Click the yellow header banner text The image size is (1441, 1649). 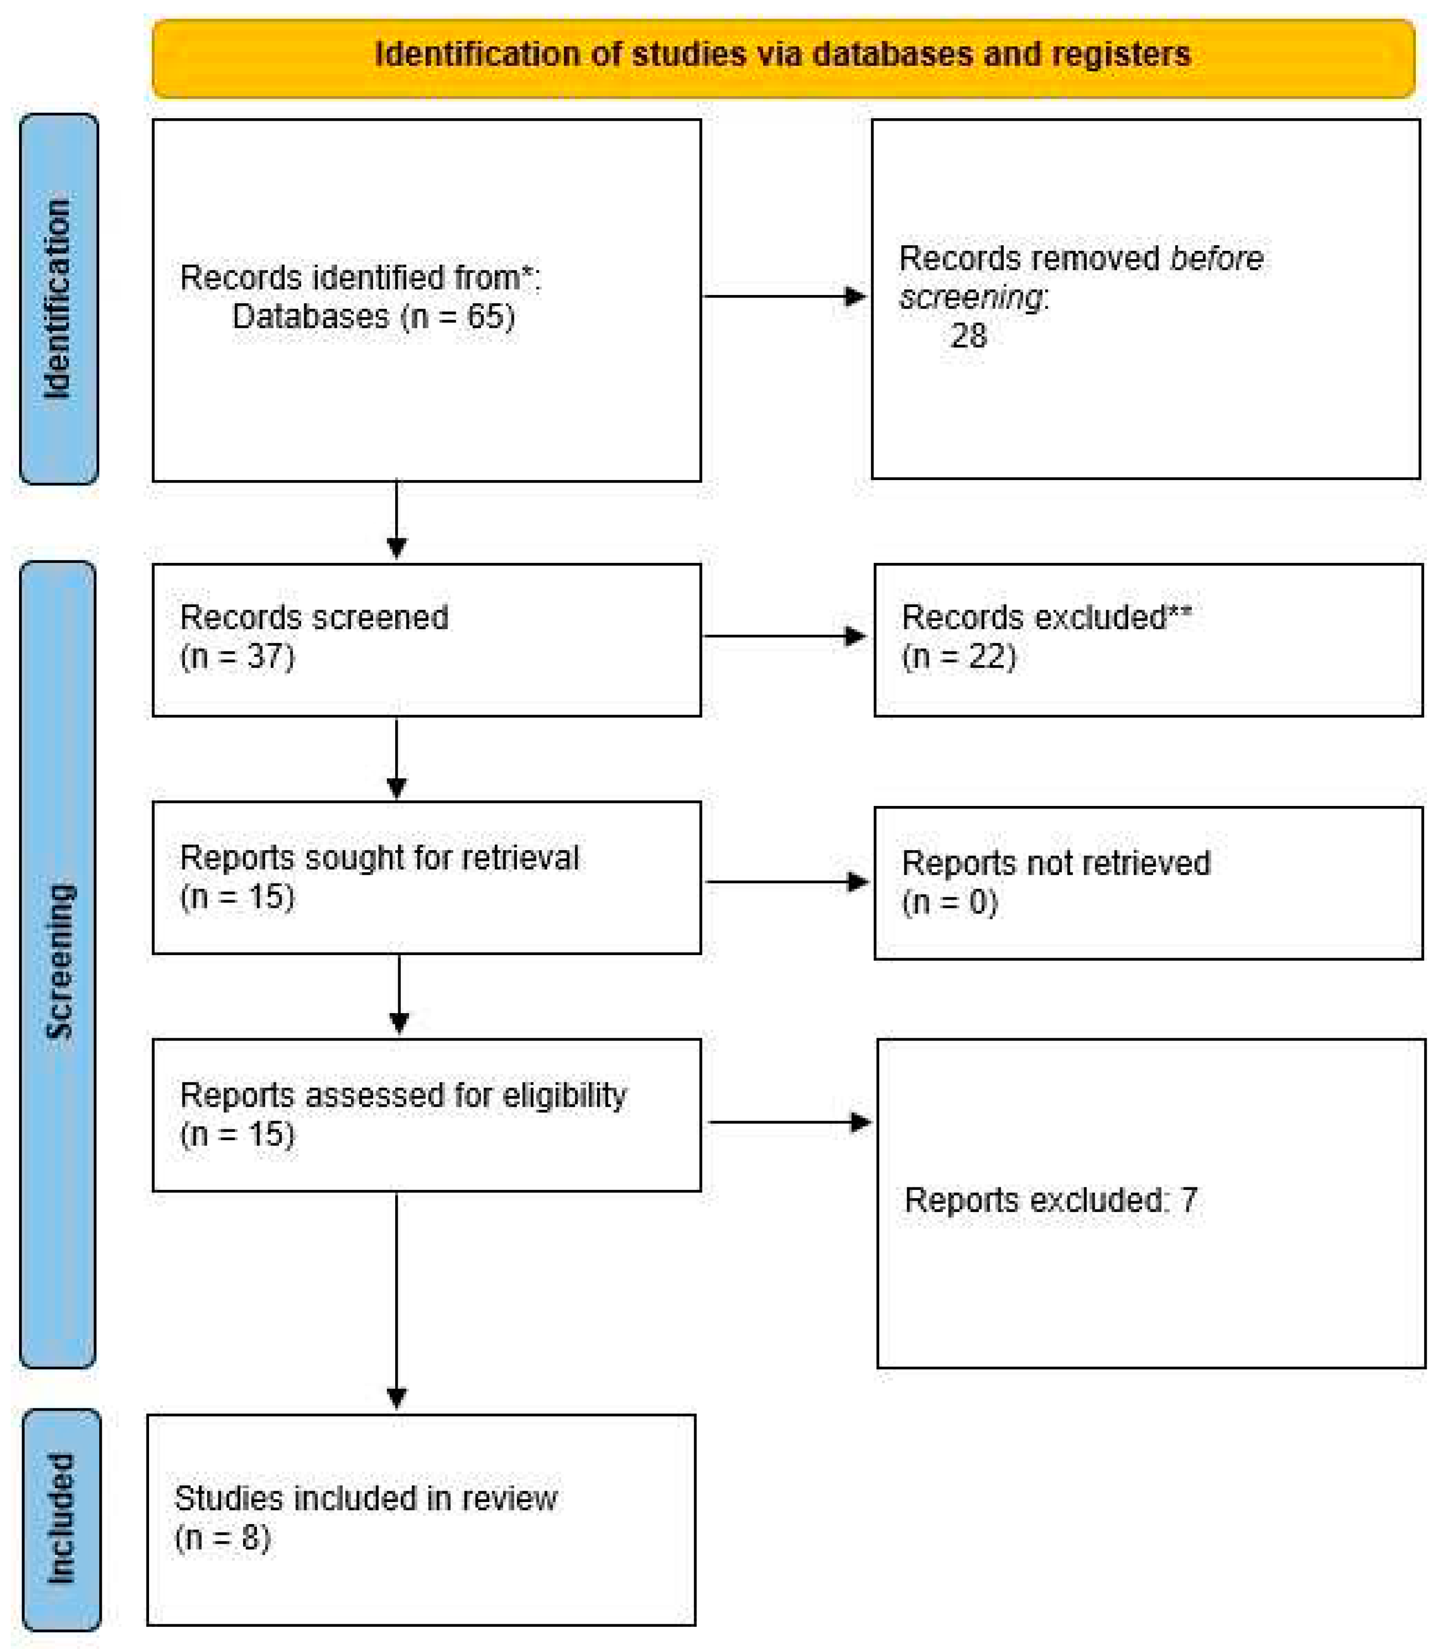(x=782, y=54)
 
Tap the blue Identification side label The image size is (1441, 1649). (x=58, y=299)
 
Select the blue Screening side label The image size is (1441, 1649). (x=58, y=961)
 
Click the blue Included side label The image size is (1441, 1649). (x=61, y=1518)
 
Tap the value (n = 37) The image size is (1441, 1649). (x=237, y=656)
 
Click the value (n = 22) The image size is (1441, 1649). (x=958, y=656)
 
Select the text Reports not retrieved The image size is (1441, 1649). (x=1056, y=863)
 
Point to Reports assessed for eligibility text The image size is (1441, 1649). (x=403, y=1095)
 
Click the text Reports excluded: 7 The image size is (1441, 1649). (x=1050, y=1200)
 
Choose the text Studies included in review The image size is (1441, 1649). (x=366, y=1498)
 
